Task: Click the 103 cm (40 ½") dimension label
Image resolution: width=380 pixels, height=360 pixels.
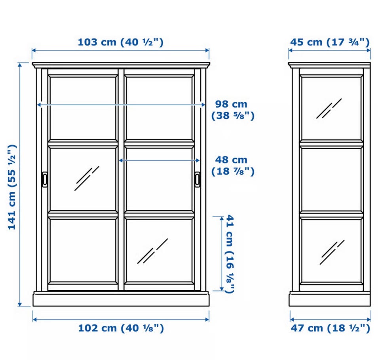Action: [x=121, y=42]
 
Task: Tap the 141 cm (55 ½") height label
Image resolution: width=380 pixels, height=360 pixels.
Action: [x=12, y=187]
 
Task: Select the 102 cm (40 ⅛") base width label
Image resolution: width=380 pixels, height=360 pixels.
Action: [x=121, y=328]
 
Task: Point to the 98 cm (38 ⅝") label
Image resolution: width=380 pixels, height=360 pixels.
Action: [x=233, y=110]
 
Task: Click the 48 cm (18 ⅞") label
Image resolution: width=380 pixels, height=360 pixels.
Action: [x=233, y=166]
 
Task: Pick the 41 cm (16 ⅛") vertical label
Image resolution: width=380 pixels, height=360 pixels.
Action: [x=230, y=254]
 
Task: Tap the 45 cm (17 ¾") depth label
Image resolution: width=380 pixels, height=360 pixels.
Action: [x=330, y=42]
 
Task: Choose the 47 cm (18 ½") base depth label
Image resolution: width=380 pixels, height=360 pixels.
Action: [x=331, y=328]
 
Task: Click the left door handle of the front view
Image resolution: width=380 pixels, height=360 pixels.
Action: [x=45, y=180]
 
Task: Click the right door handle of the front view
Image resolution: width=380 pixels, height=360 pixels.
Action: [x=198, y=179]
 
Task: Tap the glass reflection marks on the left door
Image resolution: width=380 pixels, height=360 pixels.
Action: [x=87, y=179]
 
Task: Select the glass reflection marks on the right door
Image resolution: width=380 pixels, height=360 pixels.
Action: [x=152, y=251]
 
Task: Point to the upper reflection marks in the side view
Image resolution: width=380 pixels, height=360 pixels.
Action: [x=329, y=109]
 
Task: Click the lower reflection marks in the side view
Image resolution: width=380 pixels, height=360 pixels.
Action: [x=332, y=252]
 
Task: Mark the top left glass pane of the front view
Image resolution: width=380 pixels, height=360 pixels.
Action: [x=83, y=108]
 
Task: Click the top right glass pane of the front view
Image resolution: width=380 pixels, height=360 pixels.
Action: [x=159, y=108]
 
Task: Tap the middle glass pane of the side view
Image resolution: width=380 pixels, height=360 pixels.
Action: [x=331, y=180]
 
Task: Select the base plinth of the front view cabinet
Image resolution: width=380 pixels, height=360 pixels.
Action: [x=121, y=299]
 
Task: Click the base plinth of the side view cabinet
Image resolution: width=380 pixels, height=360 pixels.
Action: [x=330, y=299]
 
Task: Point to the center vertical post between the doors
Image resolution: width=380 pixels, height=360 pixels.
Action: [x=121, y=179]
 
